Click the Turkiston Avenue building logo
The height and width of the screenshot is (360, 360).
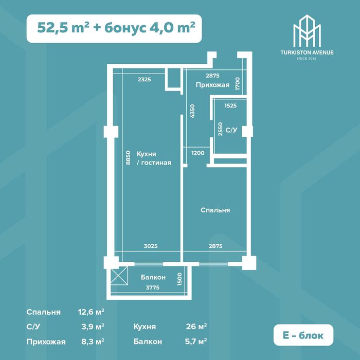pos(307,31)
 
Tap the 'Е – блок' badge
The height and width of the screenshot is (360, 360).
pos(303,335)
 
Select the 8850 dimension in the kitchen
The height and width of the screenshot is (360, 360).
pos(128,157)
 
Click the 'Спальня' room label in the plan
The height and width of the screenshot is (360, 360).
pos(215,210)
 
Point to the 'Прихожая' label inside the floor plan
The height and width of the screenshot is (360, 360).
pos(212,85)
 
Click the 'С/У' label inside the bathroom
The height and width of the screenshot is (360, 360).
pos(231,130)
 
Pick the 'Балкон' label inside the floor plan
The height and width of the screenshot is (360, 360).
pos(153,277)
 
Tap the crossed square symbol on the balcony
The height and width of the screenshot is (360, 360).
pos(119,276)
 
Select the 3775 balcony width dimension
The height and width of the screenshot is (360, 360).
pos(153,287)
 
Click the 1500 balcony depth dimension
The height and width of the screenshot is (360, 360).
pos(180,279)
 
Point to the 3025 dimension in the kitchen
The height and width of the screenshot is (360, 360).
pos(151,246)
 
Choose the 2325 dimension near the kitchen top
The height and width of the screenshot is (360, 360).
pos(145,79)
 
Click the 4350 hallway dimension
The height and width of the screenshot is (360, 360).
pos(192,112)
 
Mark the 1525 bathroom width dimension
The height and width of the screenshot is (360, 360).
pos(230,105)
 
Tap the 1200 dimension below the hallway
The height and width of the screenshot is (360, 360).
pos(198,153)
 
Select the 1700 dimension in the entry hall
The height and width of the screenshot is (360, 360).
pos(238,83)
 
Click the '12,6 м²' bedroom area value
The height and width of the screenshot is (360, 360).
pos(91,312)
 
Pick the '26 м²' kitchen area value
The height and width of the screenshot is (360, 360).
pos(196,326)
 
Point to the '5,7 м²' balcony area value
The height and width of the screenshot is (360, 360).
pos(196,341)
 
